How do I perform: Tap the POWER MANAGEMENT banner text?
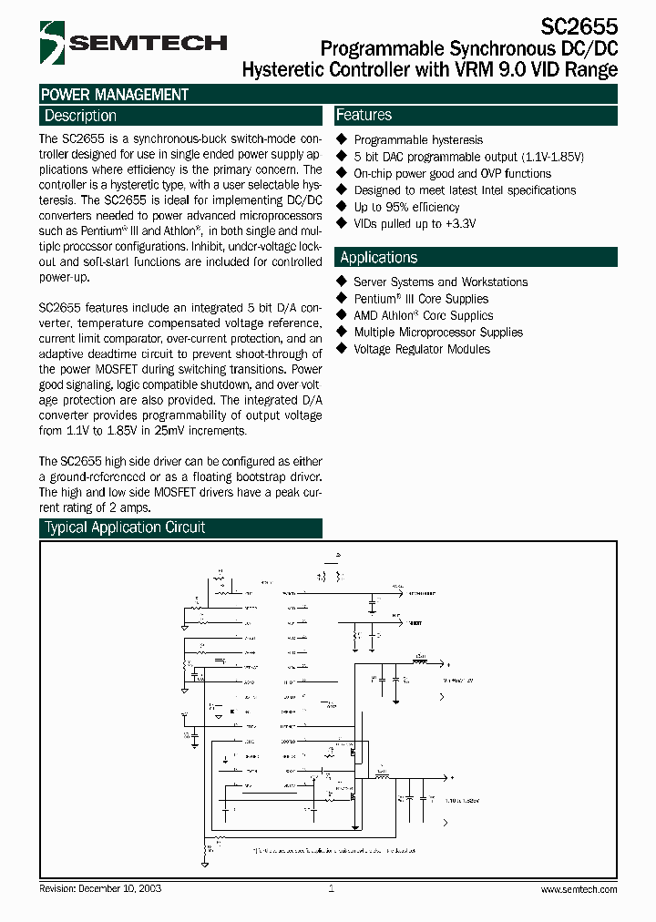coord(115,95)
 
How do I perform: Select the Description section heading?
coord(81,116)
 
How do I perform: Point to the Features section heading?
coord(364,115)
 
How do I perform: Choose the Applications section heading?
coord(379,258)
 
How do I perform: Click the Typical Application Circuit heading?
coord(125,528)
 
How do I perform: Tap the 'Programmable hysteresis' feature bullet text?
coord(418,140)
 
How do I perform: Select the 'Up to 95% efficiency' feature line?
coord(406,207)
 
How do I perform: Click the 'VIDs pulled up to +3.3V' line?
coord(415,224)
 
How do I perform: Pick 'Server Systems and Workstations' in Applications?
coord(440,282)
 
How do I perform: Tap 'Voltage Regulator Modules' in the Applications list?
coord(422,350)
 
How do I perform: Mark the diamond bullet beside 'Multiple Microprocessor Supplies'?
coord(343,333)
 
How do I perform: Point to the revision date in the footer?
coord(100,888)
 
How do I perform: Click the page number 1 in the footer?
coord(331,888)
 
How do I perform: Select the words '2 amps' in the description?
coord(129,507)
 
